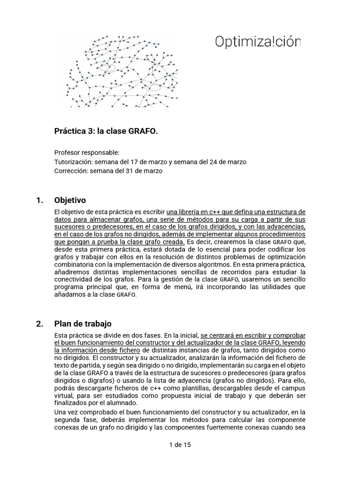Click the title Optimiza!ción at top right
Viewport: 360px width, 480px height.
(257, 42)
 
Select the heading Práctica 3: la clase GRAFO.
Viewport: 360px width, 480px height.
(106, 132)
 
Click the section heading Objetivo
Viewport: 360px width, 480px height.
(70, 201)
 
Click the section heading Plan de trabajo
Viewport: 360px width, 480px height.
(83, 324)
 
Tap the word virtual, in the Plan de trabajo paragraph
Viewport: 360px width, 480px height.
(65, 396)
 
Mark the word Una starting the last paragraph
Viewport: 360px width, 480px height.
(61, 412)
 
